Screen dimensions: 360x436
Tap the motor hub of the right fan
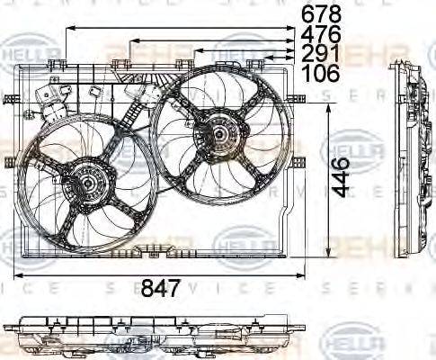point(218,138)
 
